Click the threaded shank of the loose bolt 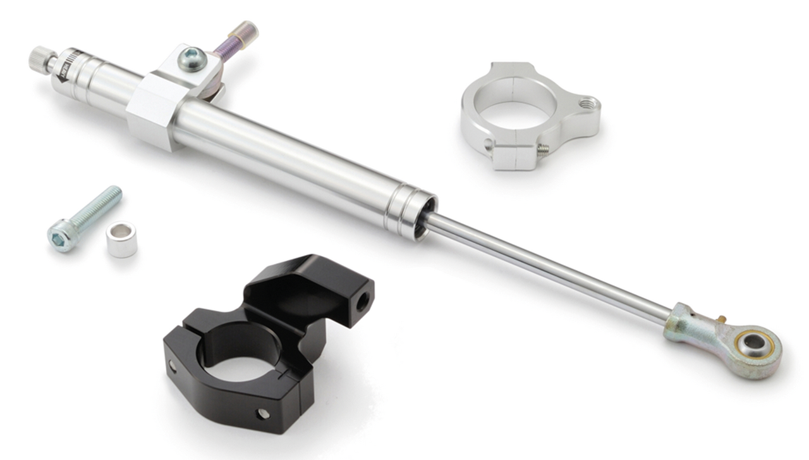point(98,206)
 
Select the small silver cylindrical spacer point(121,239)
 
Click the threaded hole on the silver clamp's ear point(588,102)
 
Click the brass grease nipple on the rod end point(719,317)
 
